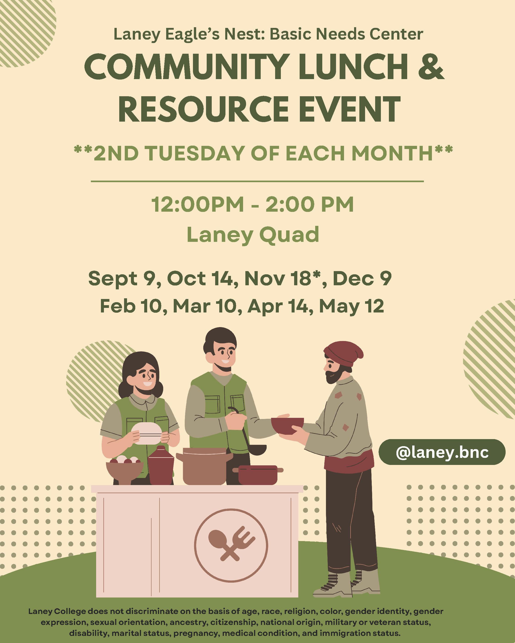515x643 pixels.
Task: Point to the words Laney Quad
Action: pos(253,235)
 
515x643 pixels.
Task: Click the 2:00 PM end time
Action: pos(309,205)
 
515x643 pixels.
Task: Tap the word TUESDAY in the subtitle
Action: pos(195,153)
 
